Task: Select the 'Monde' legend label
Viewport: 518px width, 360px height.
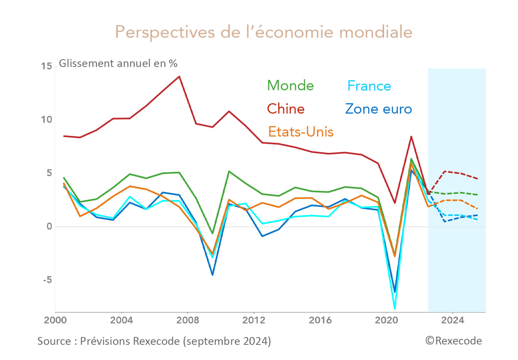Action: (x=290, y=86)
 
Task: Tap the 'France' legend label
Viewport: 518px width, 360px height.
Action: (x=369, y=86)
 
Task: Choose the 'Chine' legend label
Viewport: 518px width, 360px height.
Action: (x=285, y=109)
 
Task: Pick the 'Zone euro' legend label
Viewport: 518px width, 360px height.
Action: (x=378, y=109)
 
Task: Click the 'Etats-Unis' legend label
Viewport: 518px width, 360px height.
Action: (x=300, y=132)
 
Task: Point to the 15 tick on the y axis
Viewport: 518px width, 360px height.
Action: (x=47, y=66)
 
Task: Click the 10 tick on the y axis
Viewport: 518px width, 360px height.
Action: (x=47, y=120)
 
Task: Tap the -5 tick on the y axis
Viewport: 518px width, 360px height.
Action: (x=47, y=280)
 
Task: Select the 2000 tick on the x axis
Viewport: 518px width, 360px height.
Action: (x=55, y=320)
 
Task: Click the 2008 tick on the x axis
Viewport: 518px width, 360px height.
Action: (x=187, y=320)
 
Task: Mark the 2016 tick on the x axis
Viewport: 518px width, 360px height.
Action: (x=320, y=320)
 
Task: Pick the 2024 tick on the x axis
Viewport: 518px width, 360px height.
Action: (x=452, y=320)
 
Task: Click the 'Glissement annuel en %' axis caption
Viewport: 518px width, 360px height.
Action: (x=118, y=64)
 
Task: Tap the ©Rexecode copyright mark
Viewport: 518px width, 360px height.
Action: (x=454, y=341)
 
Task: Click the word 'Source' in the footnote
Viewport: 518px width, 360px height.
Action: (x=54, y=341)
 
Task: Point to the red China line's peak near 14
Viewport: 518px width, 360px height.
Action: (x=179, y=76)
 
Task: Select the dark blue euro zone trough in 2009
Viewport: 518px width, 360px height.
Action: (x=212, y=275)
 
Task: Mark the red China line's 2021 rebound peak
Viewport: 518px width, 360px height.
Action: (x=411, y=136)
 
